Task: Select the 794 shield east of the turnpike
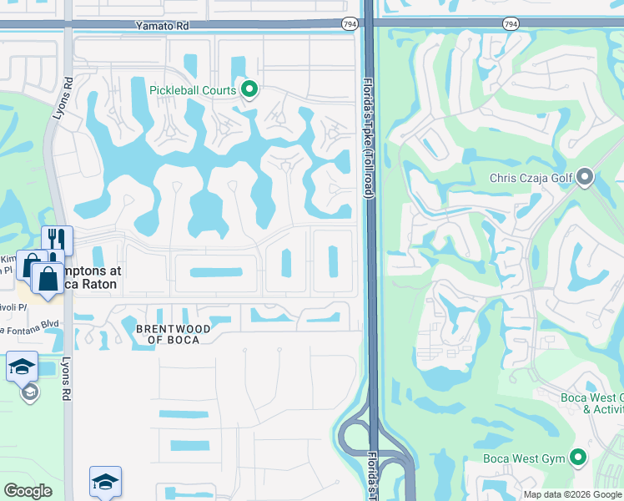coord(511,25)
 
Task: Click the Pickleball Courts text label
coord(193,90)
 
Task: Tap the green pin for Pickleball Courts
coord(249,89)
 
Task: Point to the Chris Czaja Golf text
coord(532,177)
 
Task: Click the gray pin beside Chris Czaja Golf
coord(585,176)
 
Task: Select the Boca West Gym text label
coord(525,458)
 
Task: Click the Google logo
coord(28,491)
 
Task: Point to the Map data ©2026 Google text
coord(572,494)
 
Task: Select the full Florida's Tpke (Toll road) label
coord(369,138)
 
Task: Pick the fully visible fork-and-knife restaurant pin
coord(58,240)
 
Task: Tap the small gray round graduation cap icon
coord(30,392)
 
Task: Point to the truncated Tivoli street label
coord(12,306)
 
